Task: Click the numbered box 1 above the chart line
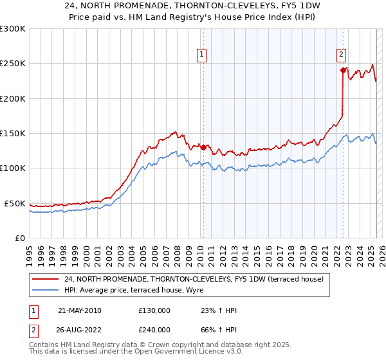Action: [202, 55]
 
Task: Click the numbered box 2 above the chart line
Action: [341, 55]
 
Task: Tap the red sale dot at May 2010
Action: [203, 147]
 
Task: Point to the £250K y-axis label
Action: [13, 64]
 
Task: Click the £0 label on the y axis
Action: [20, 238]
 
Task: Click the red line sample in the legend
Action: [46, 279]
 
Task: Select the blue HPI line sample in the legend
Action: [46, 291]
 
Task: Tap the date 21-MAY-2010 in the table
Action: [79, 310]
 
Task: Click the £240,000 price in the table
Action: [154, 332]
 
